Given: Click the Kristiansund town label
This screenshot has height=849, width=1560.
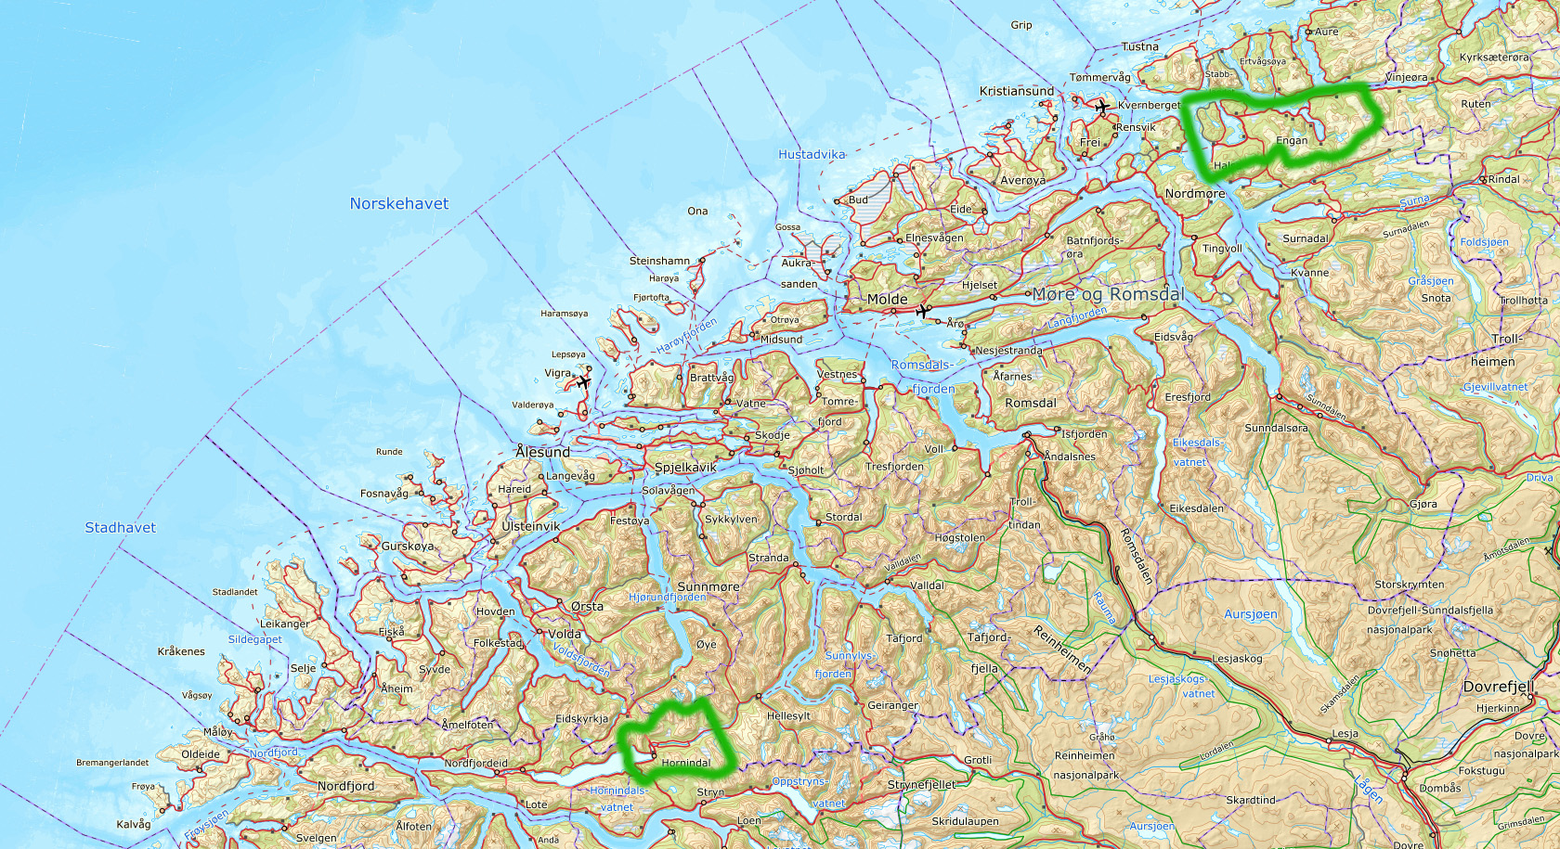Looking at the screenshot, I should (1017, 91).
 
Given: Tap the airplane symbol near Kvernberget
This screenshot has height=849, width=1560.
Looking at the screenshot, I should (1102, 107).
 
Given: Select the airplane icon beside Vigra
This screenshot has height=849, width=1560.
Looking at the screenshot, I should (583, 381).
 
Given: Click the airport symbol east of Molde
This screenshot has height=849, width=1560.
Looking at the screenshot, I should (922, 311).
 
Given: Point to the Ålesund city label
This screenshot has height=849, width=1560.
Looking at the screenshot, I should (543, 452).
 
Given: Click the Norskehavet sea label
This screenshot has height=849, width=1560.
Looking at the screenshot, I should (399, 203).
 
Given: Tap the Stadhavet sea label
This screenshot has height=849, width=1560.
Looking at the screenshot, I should (121, 527).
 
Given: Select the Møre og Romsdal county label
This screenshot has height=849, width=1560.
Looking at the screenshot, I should (1108, 294).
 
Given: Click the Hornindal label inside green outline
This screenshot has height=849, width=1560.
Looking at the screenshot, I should (686, 763).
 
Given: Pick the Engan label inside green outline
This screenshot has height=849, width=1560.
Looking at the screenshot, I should (1292, 141).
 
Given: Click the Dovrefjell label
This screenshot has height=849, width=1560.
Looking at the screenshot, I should (1498, 687).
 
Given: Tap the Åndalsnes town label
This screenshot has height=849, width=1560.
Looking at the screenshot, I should (1070, 457).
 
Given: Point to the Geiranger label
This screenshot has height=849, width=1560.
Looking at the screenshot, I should (892, 705).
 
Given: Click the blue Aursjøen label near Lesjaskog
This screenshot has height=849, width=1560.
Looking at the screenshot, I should (1250, 614).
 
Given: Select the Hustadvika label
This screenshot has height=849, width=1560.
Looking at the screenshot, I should (812, 155).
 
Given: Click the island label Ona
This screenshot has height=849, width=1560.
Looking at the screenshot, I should (697, 212).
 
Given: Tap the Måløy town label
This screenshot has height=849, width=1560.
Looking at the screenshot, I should (217, 732).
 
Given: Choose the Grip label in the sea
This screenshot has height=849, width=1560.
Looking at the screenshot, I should (1021, 25).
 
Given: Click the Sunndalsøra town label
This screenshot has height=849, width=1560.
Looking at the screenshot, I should (1276, 429).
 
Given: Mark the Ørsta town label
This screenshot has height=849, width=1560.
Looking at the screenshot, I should (587, 607).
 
